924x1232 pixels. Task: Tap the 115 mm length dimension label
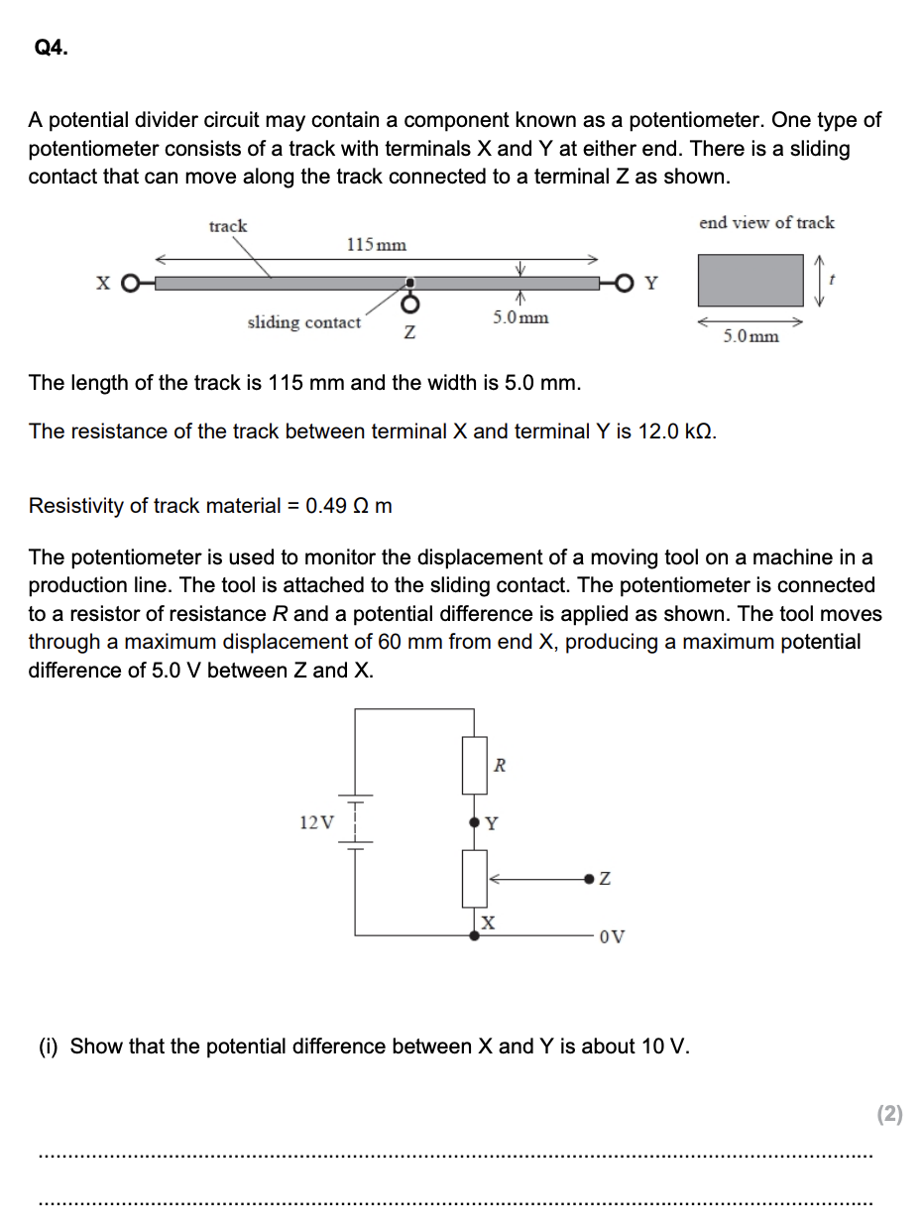point(376,244)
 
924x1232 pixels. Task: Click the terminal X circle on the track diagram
point(129,284)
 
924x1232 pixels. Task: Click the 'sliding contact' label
point(303,322)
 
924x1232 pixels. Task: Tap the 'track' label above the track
point(228,226)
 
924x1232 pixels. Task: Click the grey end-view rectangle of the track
point(751,280)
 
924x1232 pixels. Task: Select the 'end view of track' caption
point(766,223)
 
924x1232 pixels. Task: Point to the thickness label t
point(834,281)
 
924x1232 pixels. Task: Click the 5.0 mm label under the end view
point(751,336)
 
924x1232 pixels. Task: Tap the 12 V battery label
point(316,822)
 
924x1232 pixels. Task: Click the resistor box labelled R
point(474,765)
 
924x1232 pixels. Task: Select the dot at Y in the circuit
point(474,822)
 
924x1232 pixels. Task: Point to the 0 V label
point(612,935)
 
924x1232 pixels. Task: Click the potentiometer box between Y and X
point(474,878)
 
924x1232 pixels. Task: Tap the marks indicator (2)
point(890,1114)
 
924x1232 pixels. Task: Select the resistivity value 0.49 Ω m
point(349,506)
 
